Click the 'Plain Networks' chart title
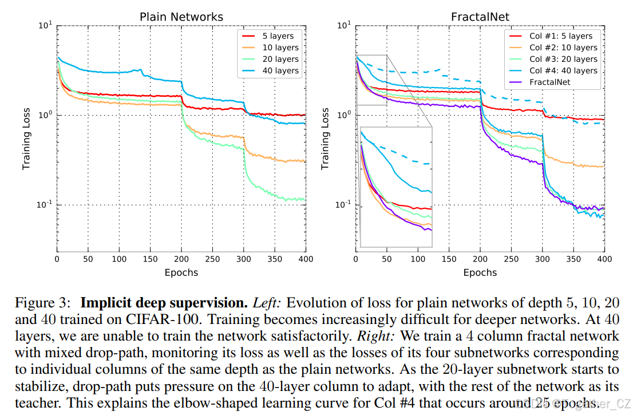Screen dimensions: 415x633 click(181, 17)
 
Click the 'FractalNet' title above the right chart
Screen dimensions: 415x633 click(480, 17)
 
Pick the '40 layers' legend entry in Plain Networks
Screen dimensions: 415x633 click(280, 70)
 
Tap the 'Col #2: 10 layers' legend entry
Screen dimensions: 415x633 click(563, 48)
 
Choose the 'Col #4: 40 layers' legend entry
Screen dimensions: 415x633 click(563, 70)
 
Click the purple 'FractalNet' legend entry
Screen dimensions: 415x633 click(549, 82)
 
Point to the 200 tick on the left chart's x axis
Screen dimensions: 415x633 click(181, 259)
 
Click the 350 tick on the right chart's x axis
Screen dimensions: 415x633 click(573, 259)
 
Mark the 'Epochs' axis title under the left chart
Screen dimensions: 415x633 click(181, 272)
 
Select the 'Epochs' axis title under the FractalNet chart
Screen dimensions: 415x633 click(480, 272)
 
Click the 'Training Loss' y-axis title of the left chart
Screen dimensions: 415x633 click(26, 139)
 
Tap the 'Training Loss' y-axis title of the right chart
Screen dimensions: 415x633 click(325, 139)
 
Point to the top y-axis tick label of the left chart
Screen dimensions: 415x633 click(46, 25)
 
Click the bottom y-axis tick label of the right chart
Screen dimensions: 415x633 click(345, 204)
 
